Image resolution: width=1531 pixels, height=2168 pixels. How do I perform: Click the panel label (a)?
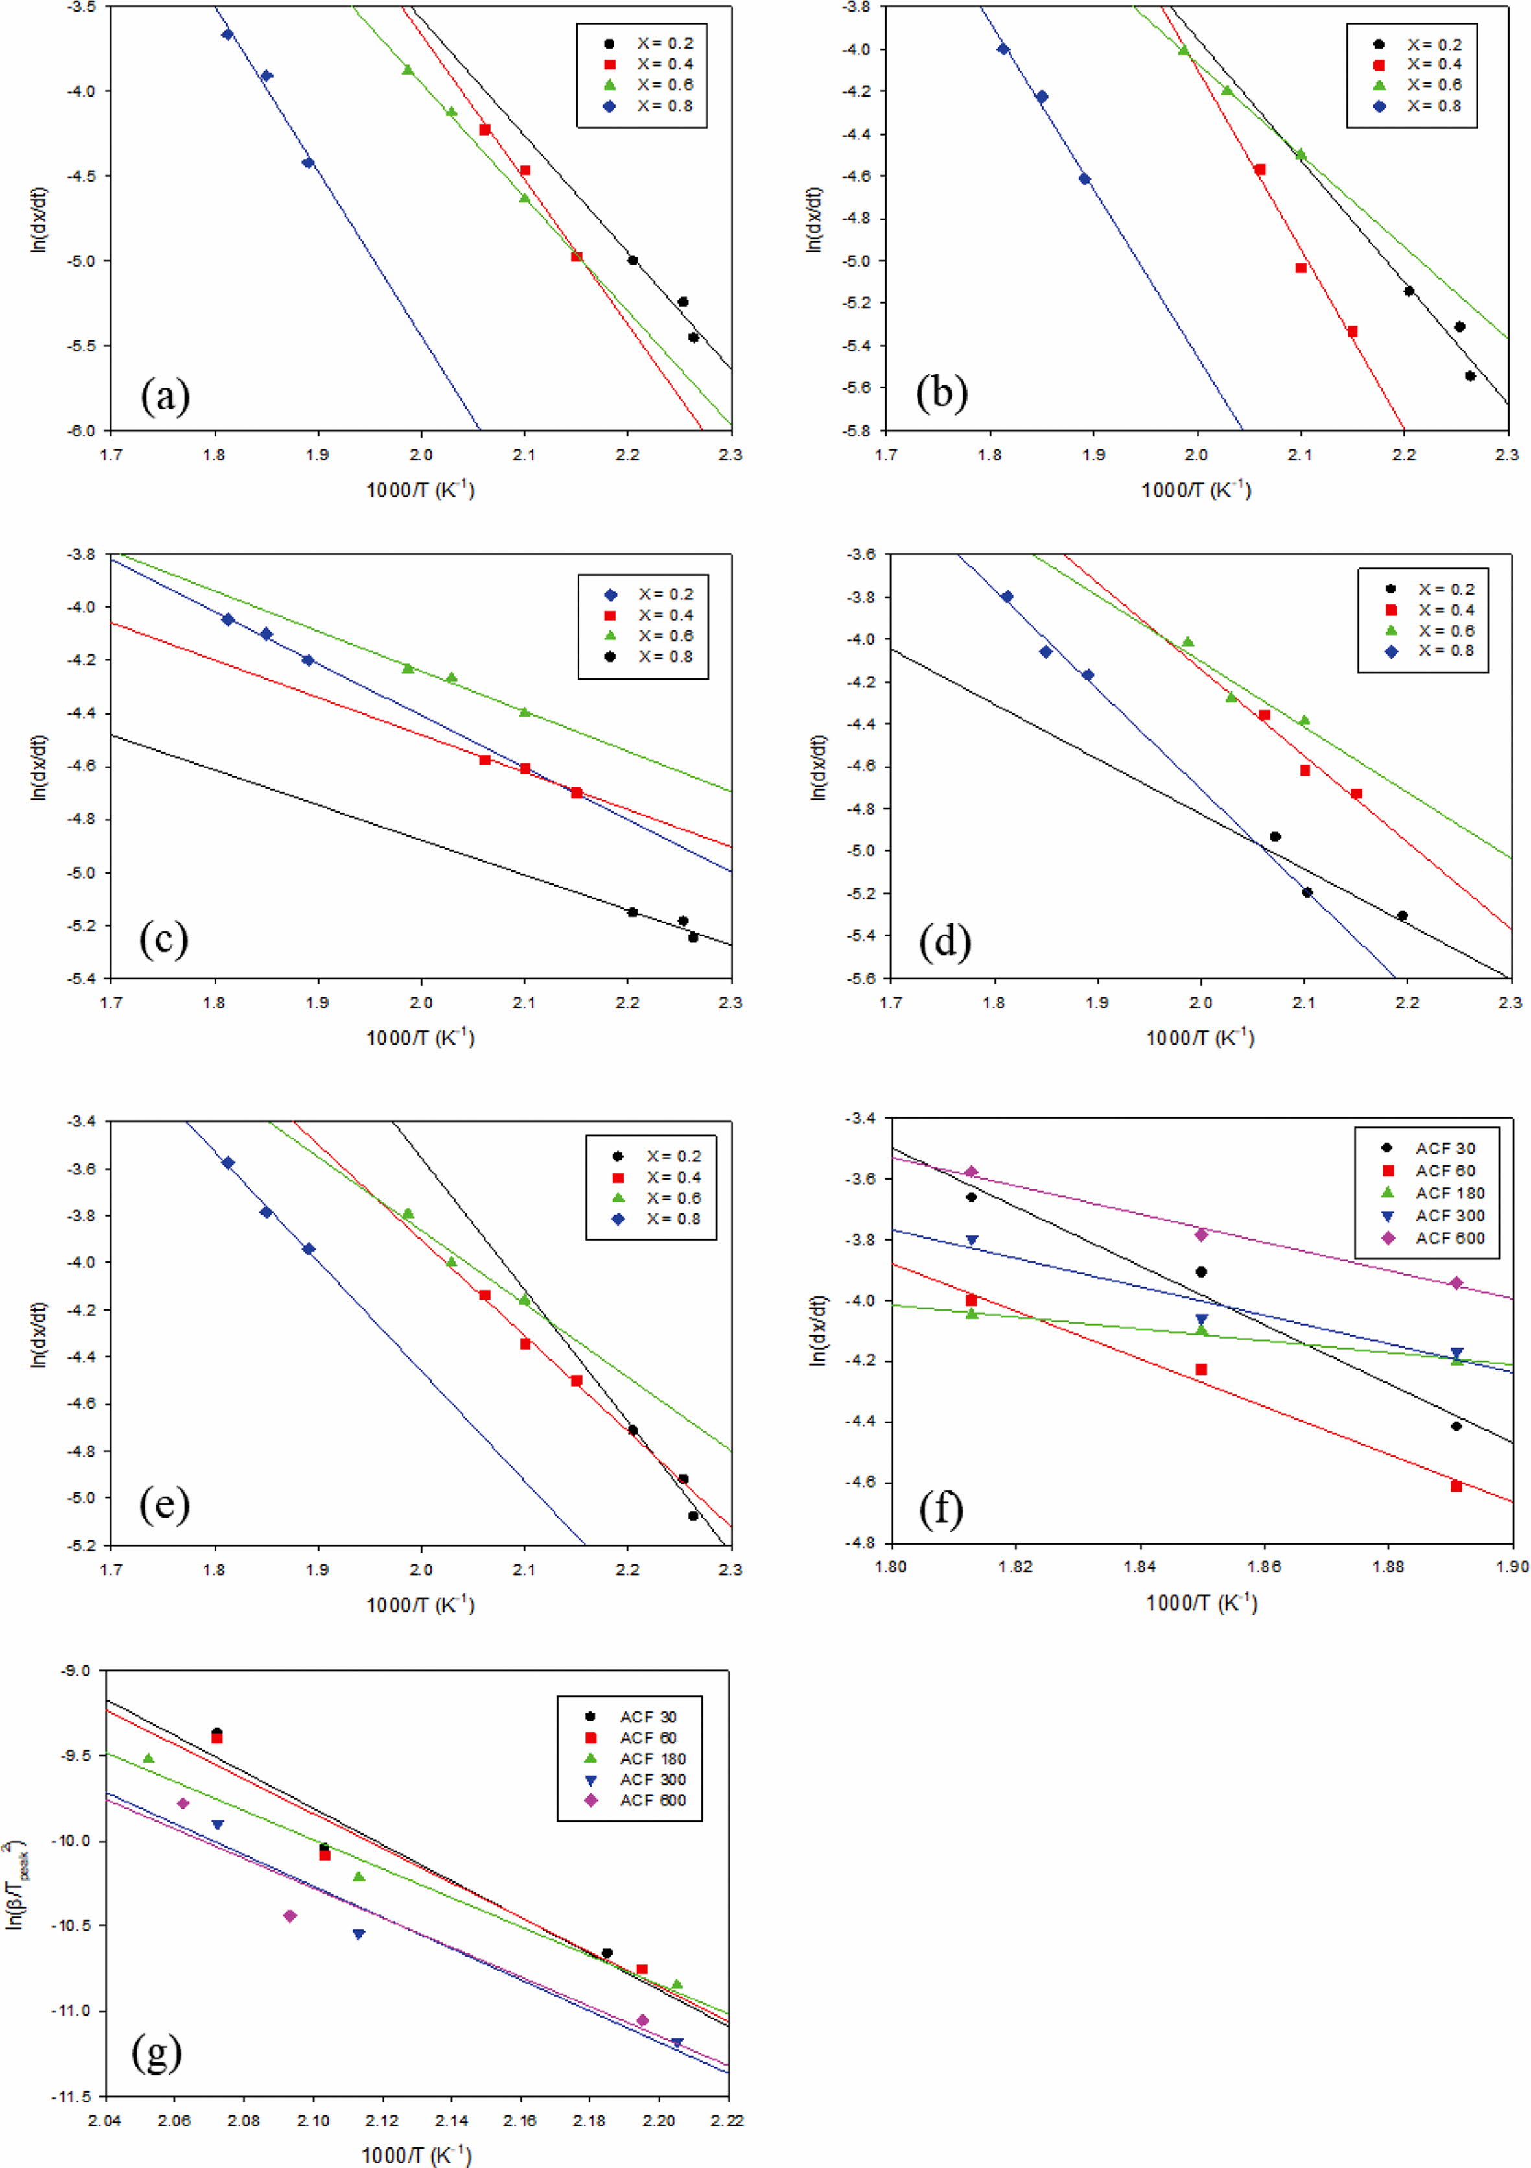(165, 397)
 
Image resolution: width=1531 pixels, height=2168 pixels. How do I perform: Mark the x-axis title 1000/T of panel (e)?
(420, 1604)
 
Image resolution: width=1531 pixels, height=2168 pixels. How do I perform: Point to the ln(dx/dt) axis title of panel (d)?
(819, 765)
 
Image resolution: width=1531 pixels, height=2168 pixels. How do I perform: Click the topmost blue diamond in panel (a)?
(228, 34)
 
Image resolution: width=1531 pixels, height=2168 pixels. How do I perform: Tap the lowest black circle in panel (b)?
(1469, 375)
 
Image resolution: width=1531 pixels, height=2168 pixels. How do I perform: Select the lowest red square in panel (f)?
(1456, 1486)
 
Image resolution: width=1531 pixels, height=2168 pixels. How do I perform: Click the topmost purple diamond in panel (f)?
(971, 1172)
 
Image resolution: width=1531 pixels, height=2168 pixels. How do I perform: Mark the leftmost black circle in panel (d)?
(1275, 837)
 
